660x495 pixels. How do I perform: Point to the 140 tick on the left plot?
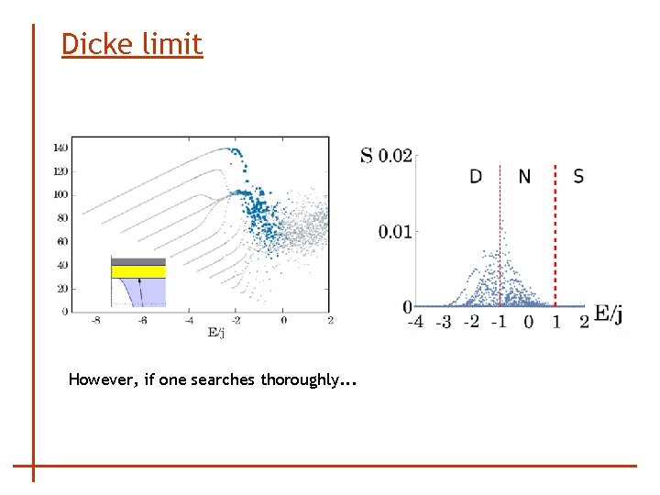click(x=60, y=148)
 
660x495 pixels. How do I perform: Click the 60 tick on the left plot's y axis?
click(x=61, y=241)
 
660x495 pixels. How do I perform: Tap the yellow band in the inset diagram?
click(x=138, y=271)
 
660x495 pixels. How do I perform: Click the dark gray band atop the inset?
click(x=138, y=260)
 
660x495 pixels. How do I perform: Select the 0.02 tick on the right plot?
click(x=396, y=156)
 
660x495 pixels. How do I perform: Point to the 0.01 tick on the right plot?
click(x=396, y=231)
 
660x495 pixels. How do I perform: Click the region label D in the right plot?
click(x=476, y=176)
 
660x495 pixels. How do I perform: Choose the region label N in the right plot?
click(x=524, y=176)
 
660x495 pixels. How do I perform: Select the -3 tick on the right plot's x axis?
click(x=443, y=322)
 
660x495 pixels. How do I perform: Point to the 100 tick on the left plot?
click(x=60, y=194)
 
